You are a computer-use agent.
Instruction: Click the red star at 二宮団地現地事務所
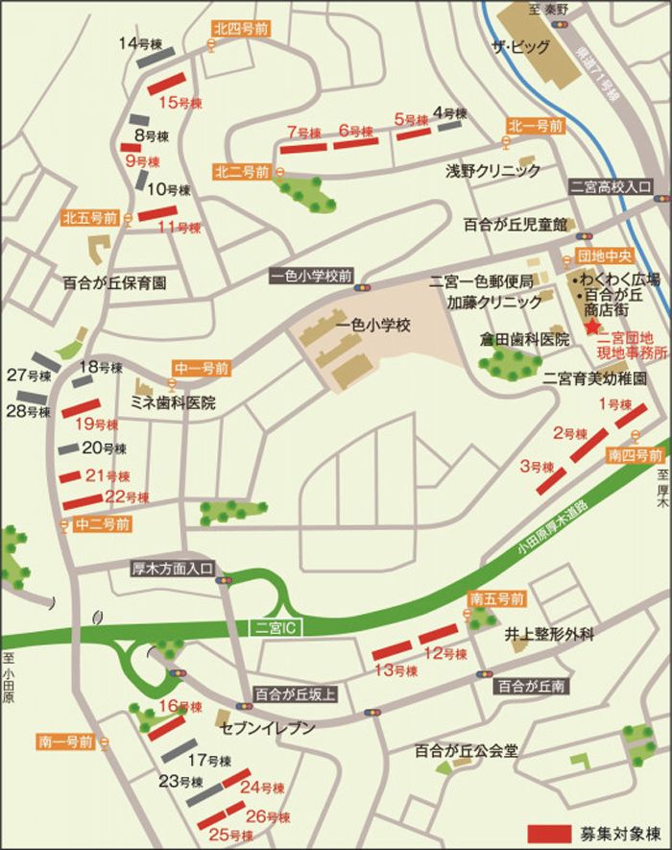pyautogui.click(x=591, y=328)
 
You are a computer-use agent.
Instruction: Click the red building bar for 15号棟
pyautogui.click(x=168, y=83)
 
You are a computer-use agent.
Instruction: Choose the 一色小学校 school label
pyautogui.click(x=373, y=326)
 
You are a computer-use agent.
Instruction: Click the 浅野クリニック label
pyautogui.click(x=492, y=170)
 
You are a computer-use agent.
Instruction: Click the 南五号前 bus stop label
pyautogui.click(x=496, y=598)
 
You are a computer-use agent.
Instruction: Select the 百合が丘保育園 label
pyautogui.click(x=115, y=283)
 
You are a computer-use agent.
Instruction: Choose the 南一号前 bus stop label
pyautogui.click(x=66, y=741)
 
